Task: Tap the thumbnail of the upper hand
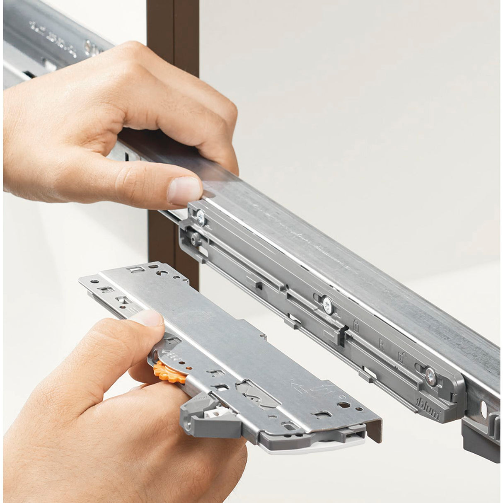(x=184, y=190)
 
